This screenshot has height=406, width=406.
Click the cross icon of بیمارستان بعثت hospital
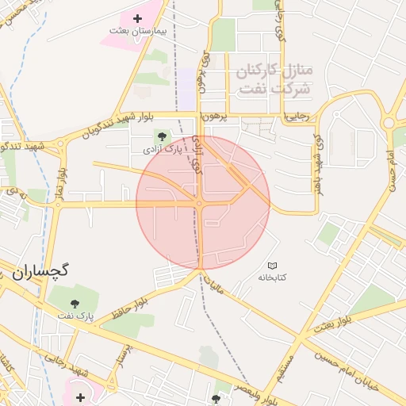137,17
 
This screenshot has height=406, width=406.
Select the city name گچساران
40,271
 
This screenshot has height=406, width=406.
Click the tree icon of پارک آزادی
163,136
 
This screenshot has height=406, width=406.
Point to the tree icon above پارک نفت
75,303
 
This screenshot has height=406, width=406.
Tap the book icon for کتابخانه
273,265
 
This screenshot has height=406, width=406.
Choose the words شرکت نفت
274,88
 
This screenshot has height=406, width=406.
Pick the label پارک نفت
75,316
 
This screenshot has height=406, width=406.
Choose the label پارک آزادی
159,149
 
